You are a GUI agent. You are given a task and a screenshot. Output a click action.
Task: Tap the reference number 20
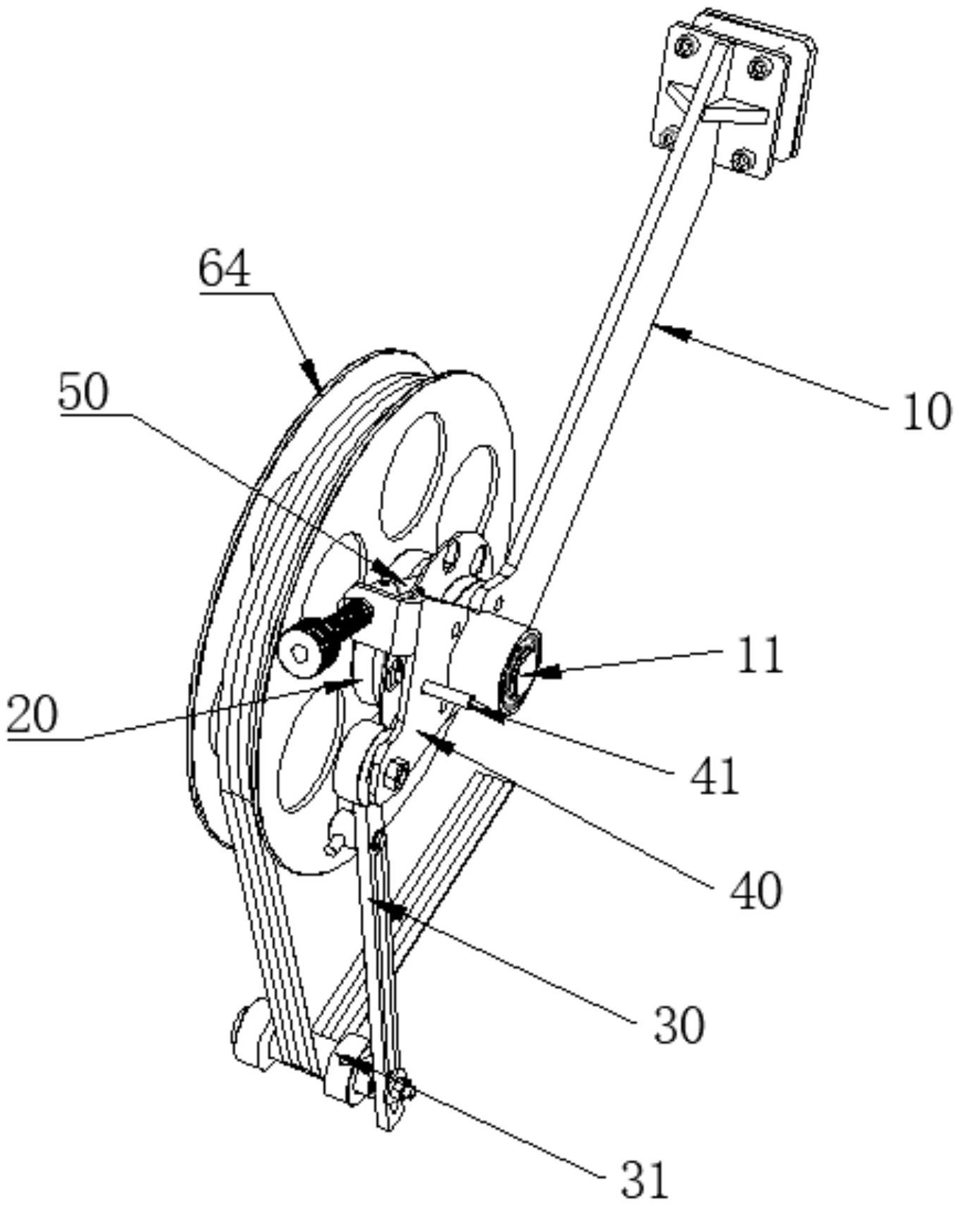[x=32, y=715]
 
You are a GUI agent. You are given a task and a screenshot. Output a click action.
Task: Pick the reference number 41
[x=713, y=776]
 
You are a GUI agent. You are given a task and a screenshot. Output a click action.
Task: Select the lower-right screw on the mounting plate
[x=739, y=160]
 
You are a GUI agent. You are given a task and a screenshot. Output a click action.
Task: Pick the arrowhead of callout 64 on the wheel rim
[x=311, y=374]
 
